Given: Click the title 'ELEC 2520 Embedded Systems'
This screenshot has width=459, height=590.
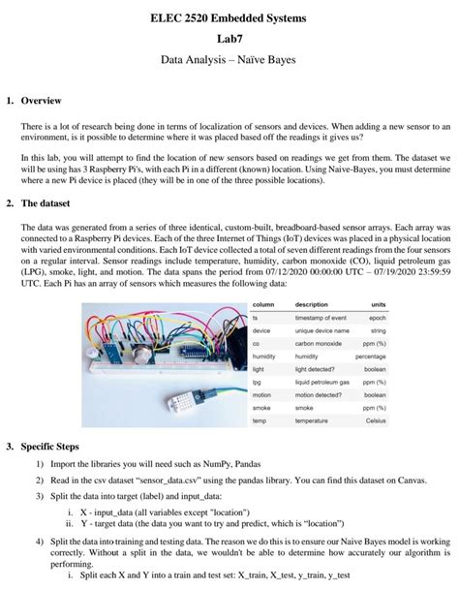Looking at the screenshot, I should click(229, 19).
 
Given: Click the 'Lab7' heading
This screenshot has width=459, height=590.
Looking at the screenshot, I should click(229, 39).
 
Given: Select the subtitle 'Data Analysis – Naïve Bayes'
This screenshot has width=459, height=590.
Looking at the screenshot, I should click(229, 60).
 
